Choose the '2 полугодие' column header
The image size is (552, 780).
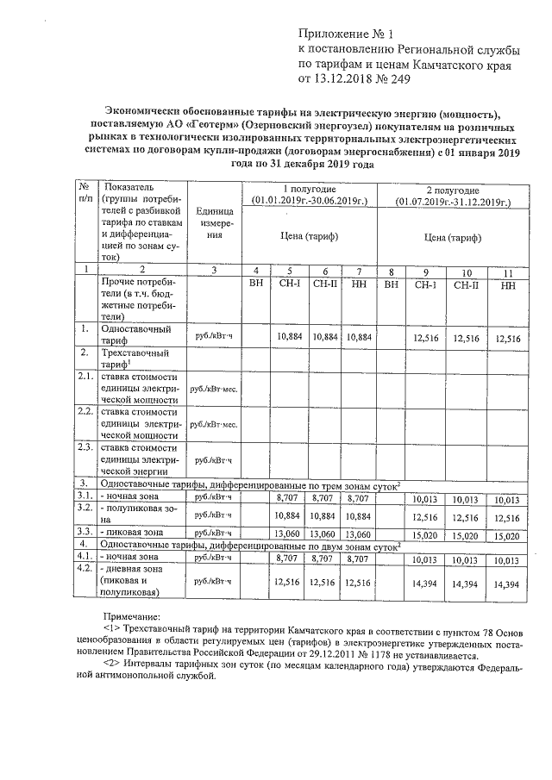pyautogui.click(x=454, y=189)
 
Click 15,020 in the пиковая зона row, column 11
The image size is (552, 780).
pyautogui.click(x=505, y=534)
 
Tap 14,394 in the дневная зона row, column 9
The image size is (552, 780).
pyautogui.click(x=425, y=583)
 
